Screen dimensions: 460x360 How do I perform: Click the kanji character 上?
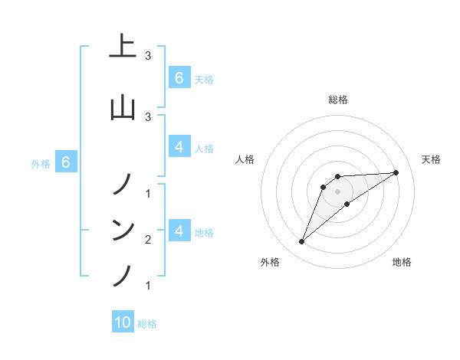(123, 47)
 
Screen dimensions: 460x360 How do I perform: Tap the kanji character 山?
(123, 106)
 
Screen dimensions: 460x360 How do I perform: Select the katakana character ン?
(123, 229)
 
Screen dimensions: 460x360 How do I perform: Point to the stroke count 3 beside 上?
(148, 56)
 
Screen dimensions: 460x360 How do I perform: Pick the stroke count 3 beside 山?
(148, 116)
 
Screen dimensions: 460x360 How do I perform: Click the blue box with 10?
(123, 322)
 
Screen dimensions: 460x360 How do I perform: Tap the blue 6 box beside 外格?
(66, 162)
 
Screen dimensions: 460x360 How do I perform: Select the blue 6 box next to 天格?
(179, 78)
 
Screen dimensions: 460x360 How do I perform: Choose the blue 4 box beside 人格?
(179, 147)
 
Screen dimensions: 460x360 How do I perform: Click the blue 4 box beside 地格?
(179, 231)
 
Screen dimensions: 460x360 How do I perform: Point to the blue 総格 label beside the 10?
(147, 324)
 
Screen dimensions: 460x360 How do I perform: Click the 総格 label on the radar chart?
(338, 100)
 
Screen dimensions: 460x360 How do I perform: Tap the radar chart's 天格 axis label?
(431, 159)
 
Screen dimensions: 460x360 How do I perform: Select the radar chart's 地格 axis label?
(402, 262)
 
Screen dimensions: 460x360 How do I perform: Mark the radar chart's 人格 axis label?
(245, 159)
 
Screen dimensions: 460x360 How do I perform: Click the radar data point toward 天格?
(396, 172)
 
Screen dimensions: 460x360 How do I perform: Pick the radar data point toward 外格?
(301, 242)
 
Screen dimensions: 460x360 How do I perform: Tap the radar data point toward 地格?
(347, 204)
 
